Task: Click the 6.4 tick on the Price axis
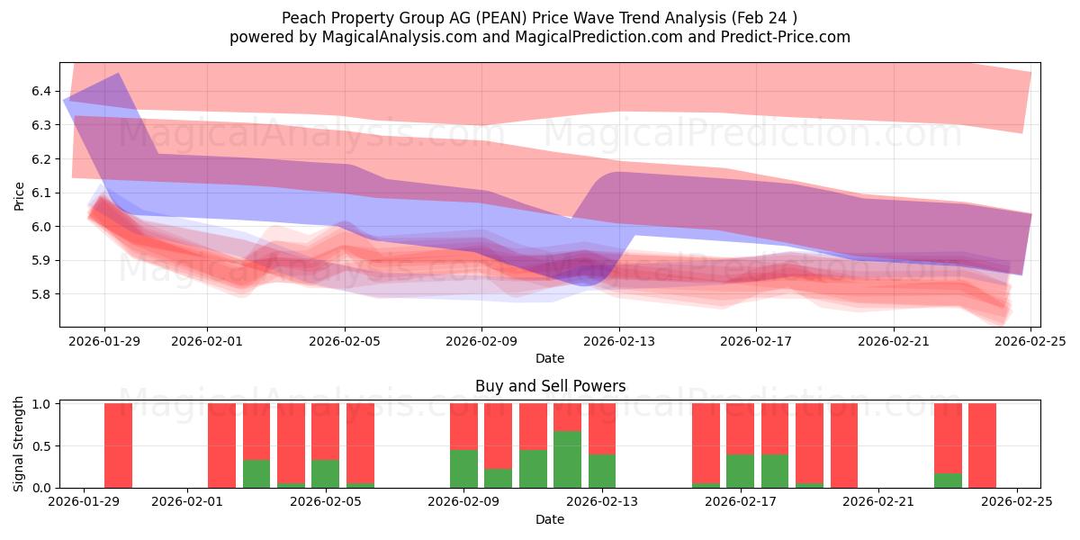[x=40, y=91]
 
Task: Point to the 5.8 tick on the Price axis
[x=40, y=294]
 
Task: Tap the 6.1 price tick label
[x=40, y=193]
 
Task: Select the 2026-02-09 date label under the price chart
[x=481, y=341]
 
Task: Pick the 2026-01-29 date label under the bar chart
[x=84, y=502]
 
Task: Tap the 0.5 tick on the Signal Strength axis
[x=40, y=445]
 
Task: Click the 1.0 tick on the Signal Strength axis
[x=40, y=403]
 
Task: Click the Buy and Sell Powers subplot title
[x=550, y=386]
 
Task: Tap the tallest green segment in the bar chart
[x=567, y=459]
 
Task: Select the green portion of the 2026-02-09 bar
[x=463, y=468]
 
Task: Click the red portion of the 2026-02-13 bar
[x=602, y=428]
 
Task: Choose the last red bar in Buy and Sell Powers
[x=982, y=445]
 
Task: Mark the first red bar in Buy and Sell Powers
[x=118, y=445]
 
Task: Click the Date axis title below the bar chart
[x=550, y=519]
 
